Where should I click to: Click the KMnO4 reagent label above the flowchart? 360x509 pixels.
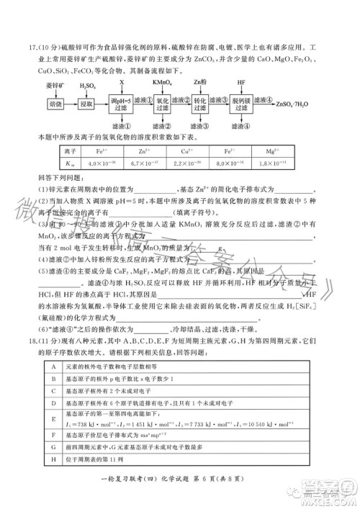tap(163, 84)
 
